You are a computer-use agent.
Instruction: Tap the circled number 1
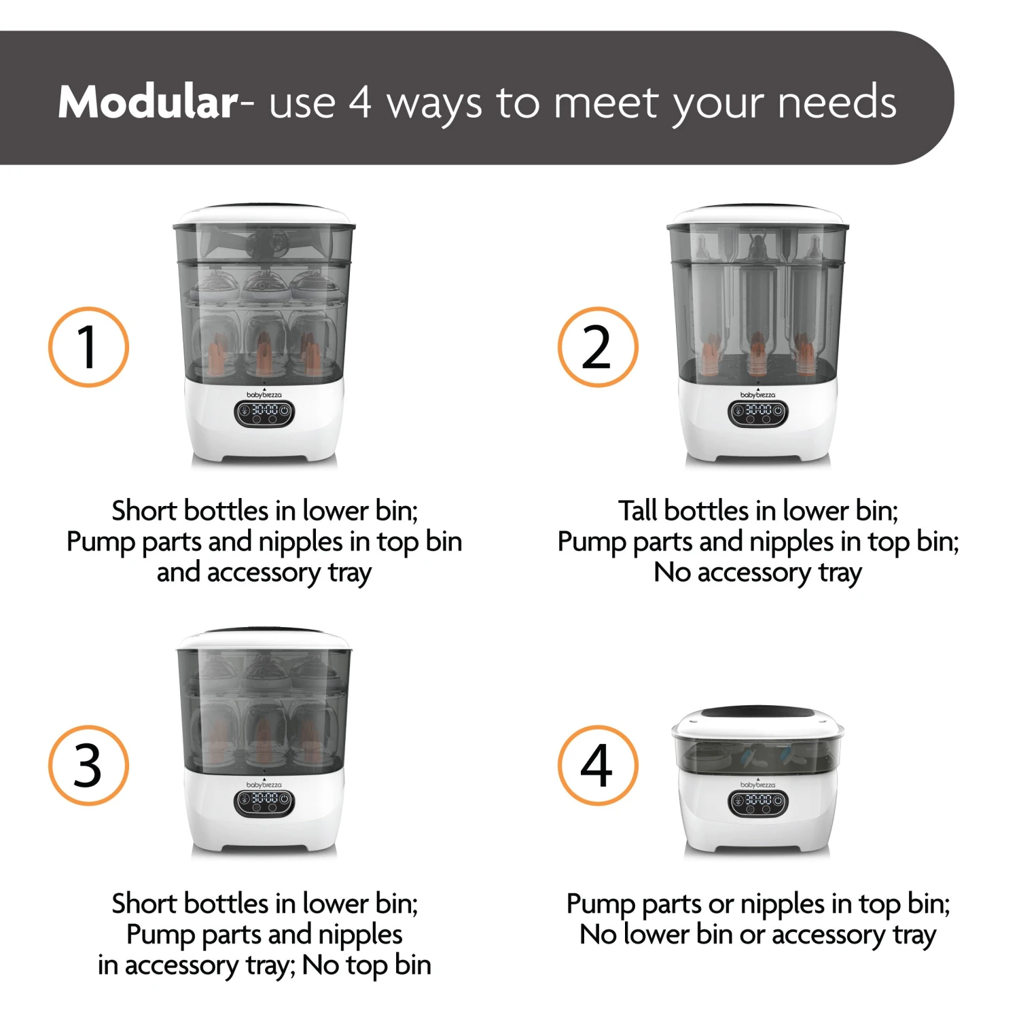coord(88,347)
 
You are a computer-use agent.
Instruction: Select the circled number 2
coord(598,347)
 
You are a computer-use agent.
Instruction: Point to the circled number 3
coord(88,766)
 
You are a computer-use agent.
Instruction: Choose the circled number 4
coord(598,766)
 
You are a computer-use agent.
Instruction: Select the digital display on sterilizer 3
coord(264,802)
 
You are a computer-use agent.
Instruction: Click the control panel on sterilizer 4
coord(757,802)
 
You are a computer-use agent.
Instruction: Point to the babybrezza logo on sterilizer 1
coord(264,395)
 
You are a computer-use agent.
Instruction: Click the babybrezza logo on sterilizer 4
coord(757,785)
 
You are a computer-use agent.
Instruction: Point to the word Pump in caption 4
coord(600,904)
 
